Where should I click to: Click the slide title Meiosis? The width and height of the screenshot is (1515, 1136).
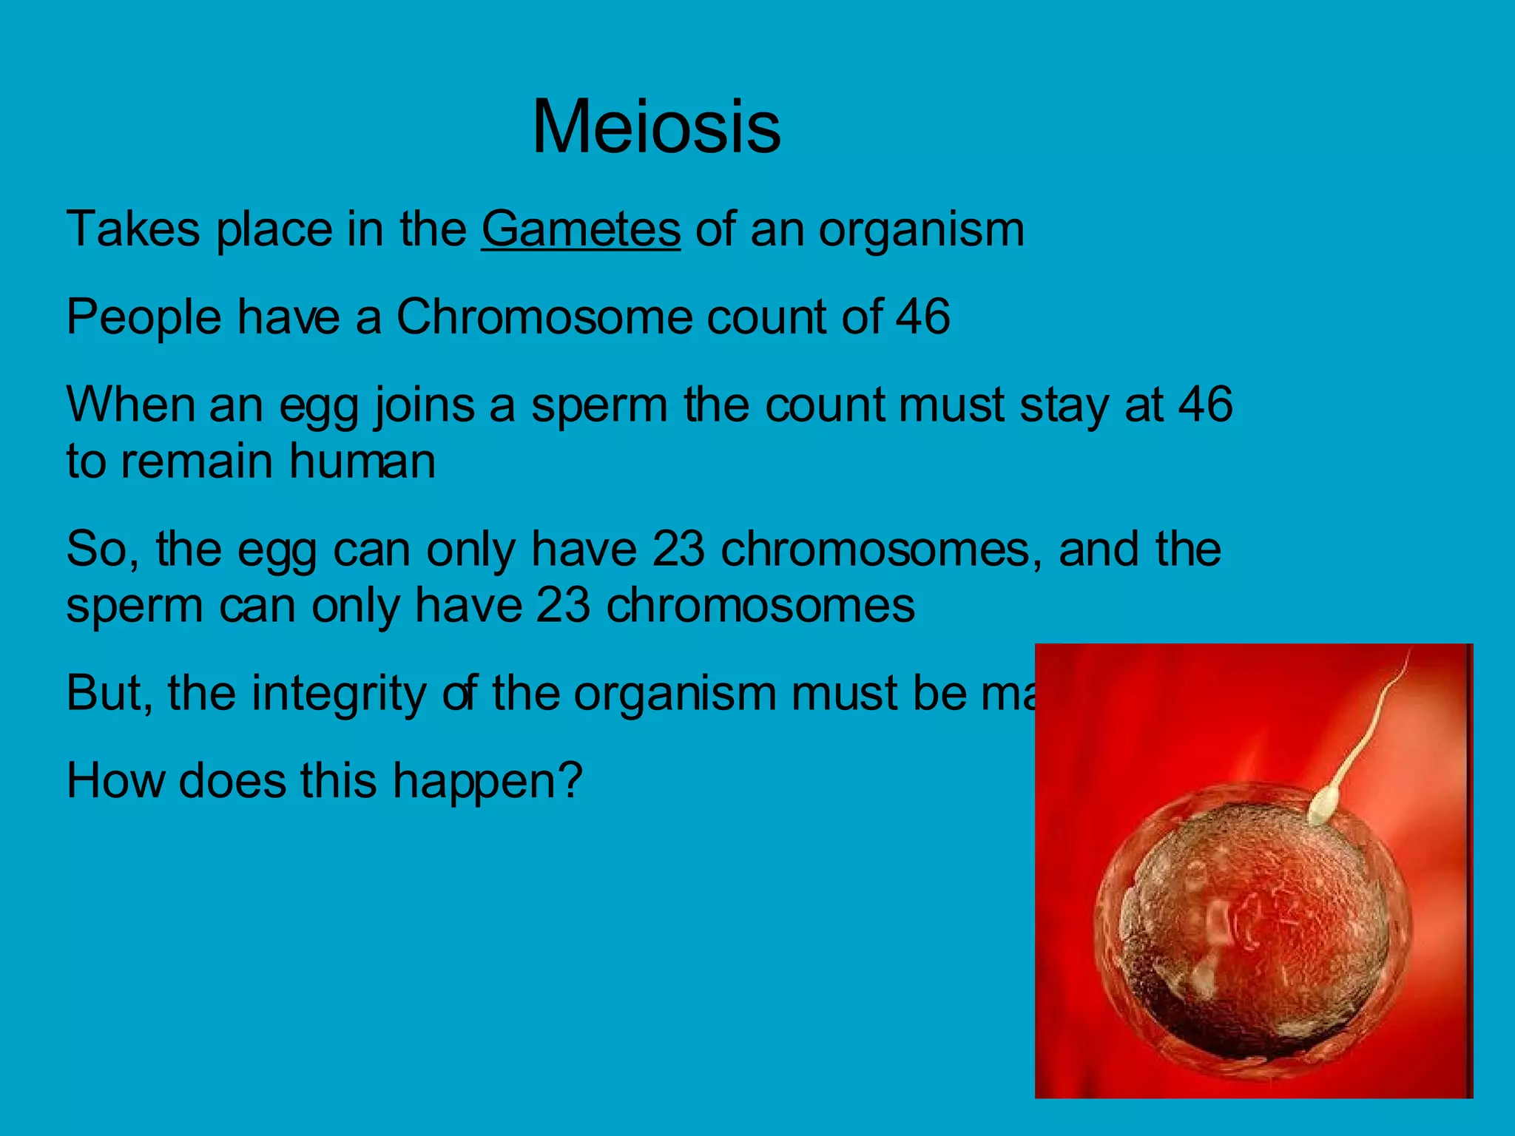click(x=656, y=127)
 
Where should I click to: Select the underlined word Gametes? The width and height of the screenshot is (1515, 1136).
click(x=581, y=229)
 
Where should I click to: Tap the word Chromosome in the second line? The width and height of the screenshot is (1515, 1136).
click(x=544, y=317)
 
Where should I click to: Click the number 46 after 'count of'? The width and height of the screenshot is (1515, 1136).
click(x=922, y=317)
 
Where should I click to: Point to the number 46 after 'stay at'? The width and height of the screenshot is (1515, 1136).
click(x=1205, y=405)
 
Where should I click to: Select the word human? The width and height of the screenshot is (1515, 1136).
click(x=362, y=461)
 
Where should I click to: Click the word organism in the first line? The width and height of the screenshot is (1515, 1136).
click(x=921, y=231)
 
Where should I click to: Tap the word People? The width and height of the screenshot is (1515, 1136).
click(x=144, y=318)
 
